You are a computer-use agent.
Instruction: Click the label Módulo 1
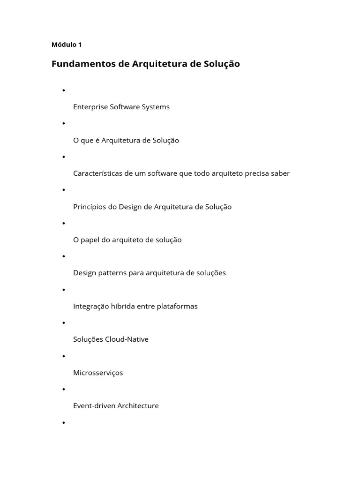67,45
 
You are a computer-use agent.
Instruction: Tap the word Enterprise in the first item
90,107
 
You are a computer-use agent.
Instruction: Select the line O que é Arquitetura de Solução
126,140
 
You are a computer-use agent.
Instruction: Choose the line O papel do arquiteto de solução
127,240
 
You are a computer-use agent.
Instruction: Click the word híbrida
121,306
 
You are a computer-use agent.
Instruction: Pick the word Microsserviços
98,373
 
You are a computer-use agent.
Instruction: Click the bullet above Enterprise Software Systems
63,90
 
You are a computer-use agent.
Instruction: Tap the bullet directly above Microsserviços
63,356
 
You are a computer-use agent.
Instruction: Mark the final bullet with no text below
63,423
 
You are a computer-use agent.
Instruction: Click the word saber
280,173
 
